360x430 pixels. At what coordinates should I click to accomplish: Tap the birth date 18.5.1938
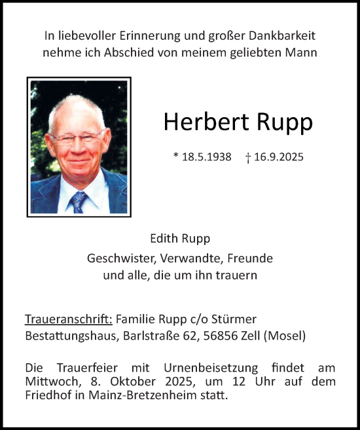[x=206, y=158]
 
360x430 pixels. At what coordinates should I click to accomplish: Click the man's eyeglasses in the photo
[x=77, y=137]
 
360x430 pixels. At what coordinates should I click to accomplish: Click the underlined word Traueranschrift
[x=69, y=319]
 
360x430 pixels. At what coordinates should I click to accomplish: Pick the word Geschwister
[x=118, y=258]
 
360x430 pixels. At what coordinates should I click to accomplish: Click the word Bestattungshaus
[x=72, y=336]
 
